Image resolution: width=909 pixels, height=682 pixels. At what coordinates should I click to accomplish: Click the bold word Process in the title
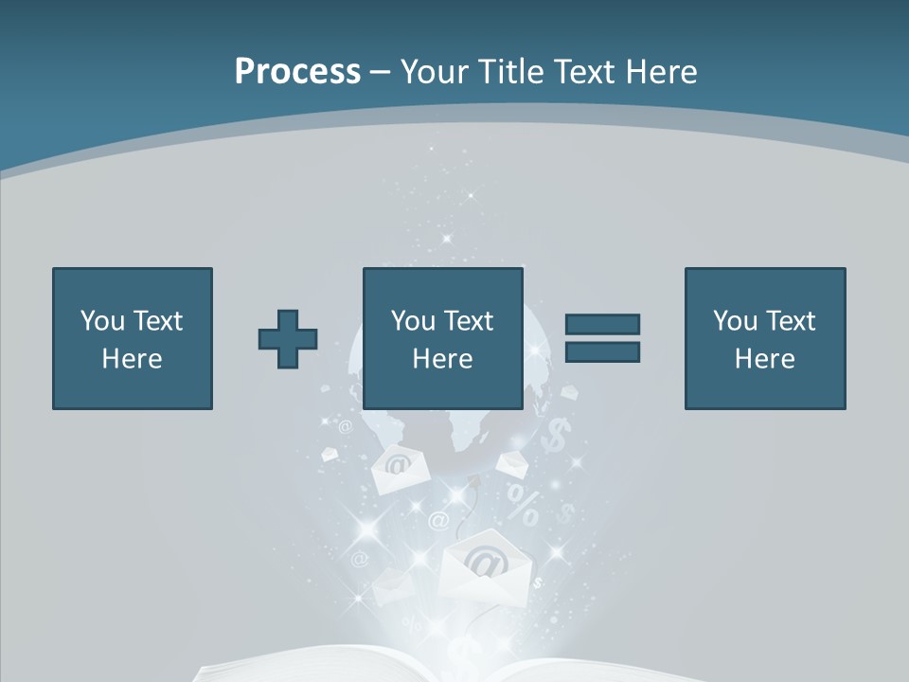(x=297, y=72)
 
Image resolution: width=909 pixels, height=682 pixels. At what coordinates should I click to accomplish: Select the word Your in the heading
(x=436, y=72)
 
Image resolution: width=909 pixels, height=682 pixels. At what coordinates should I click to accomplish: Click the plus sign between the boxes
(x=288, y=339)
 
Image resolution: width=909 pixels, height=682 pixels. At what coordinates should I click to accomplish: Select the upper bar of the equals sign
(x=602, y=324)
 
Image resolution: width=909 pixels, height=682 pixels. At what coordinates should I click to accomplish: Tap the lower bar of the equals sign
(x=602, y=352)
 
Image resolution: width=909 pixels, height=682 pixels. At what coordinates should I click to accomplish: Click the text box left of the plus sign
(x=133, y=339)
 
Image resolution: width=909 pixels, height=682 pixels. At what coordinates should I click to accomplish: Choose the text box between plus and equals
(x=443, y=339)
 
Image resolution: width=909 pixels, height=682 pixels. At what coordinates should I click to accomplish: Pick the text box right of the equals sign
(x=765, y=339)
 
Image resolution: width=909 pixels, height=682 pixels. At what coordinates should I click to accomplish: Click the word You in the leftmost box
(x=102, y=321)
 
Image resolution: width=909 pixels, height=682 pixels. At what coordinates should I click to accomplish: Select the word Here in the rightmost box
(x=765, y=359)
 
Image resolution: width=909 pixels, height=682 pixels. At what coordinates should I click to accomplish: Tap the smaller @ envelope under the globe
(x=399, y=469)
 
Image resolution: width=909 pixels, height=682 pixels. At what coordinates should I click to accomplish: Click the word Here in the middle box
(x=443, y=359)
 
